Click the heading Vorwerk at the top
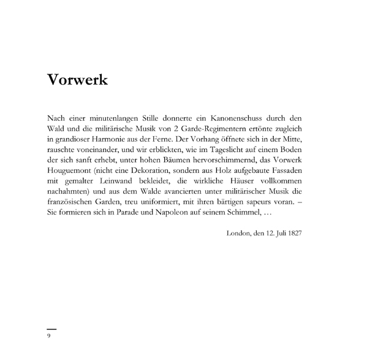point(78,80)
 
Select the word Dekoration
point(159,172)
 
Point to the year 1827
point(292,234)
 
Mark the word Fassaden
point(285,172)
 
